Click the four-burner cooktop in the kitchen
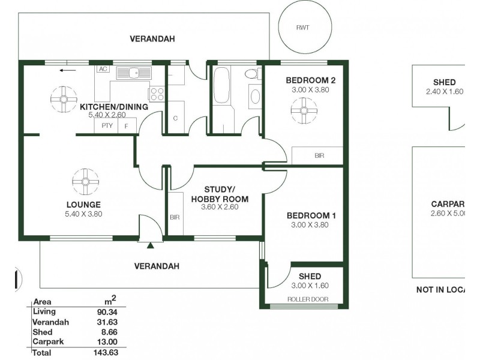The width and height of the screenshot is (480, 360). coord(157,94)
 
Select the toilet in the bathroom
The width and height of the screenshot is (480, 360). coord(253,74)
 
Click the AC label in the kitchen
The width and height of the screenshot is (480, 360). coord(103,69)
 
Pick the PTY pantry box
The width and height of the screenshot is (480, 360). coord(107,125)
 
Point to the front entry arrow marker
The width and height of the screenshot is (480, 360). coord(151,244)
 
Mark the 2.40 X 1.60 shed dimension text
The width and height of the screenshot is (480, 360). coord(444,92)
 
